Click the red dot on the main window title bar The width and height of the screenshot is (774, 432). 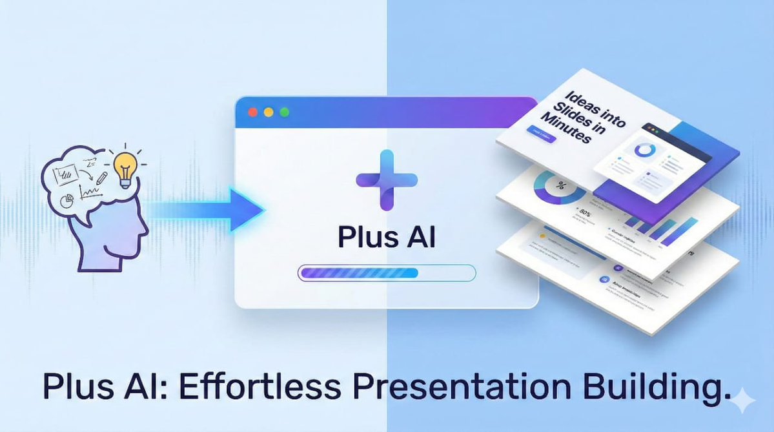click(253, 112)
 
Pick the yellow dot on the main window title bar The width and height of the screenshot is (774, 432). click(269, 112)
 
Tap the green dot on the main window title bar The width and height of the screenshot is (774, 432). click(284, 112)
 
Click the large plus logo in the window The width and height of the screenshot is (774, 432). click(386, 180)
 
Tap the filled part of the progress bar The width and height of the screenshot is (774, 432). click(359, 273)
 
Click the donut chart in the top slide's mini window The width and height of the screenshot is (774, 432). click(643, 149)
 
